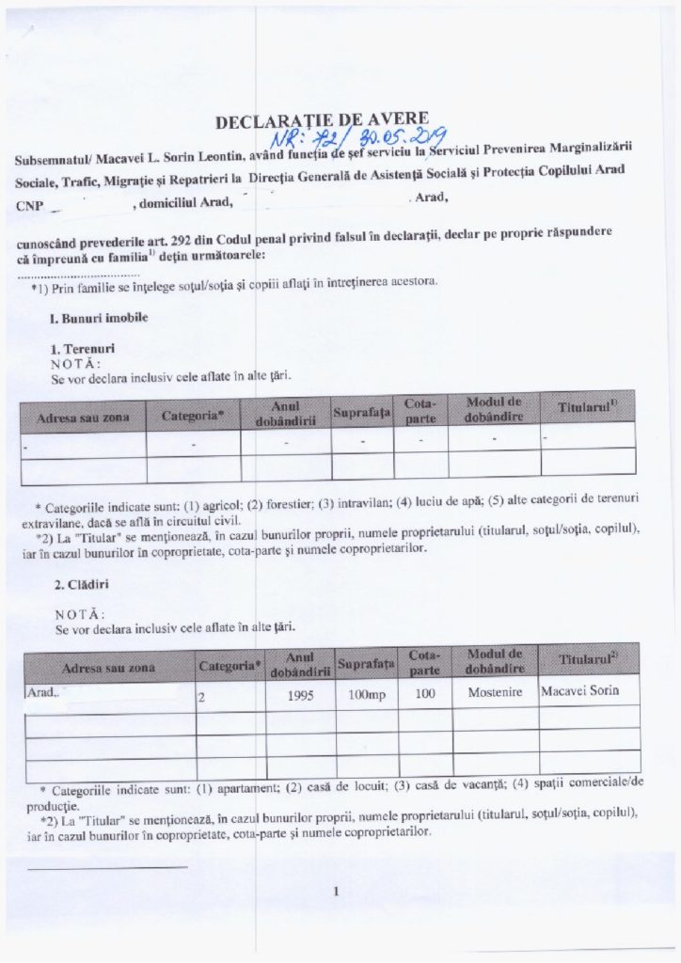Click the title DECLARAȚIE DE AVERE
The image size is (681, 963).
tap(323, 121)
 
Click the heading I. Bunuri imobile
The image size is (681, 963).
tap(98, 319)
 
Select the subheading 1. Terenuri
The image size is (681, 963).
tap(82, 349)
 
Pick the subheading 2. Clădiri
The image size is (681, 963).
tap(79, 583)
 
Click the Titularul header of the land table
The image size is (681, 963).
tap(586, 408)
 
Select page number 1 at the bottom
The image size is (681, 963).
tap(336, 894)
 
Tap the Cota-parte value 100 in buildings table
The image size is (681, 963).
tap(419, 697)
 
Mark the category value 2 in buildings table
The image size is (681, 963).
tap(201, 699)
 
